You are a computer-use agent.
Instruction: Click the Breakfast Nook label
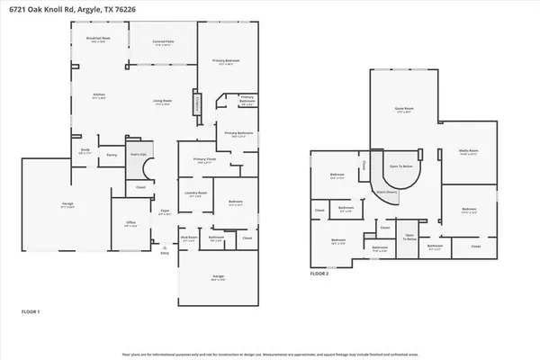coord(97,39)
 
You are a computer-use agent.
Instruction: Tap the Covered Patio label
coord(163,41)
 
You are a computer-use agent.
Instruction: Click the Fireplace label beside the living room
coord(199,105)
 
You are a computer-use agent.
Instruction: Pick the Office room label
coord(130,224)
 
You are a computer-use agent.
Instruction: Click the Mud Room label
coord(188,238)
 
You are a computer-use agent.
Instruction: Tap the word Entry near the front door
coord(164,254)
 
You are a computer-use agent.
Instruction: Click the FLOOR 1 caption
coord(31,310)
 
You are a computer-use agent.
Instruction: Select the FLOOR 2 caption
coord(319,273)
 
